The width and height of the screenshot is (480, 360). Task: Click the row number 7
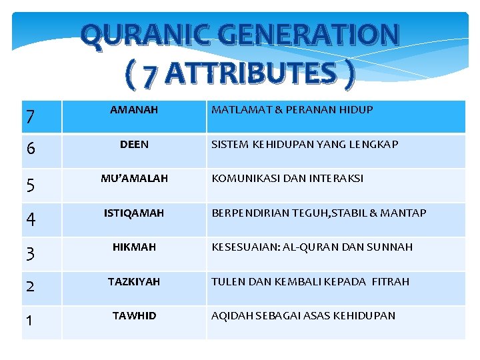click(x=29, y=118)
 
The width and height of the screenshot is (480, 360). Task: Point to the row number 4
click(x=29, y=220)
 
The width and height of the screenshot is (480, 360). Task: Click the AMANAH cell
click(x=134, y=109)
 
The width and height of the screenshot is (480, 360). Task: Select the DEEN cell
click(x=134, y=144)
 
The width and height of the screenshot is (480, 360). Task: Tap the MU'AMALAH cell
click(x=134, y=179)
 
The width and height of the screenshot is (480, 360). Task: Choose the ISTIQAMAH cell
click(x=134, y=213)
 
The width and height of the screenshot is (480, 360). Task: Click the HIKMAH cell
click(x=134, y=247)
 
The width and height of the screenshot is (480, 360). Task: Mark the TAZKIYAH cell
click(x=134, y=281)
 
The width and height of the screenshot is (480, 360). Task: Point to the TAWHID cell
click(x=134, y=315)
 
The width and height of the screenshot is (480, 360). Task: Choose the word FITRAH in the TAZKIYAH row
click(x=396, y=281)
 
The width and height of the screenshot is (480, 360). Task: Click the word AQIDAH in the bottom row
click(x=231, y=315)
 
